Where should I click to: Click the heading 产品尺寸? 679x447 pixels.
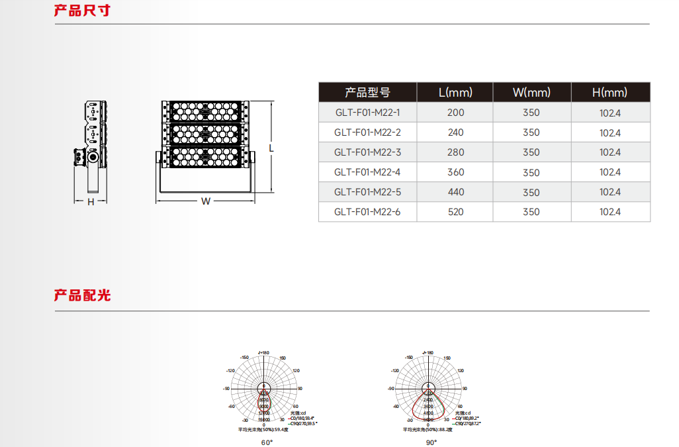82,11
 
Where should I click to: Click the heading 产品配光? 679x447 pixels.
82,295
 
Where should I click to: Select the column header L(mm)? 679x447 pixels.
455,92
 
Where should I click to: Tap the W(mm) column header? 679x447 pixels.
531,92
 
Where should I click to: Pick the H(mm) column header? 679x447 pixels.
610,92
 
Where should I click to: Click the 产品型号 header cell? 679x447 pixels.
367,92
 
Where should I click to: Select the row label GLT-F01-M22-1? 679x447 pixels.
367,113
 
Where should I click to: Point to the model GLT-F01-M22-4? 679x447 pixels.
367,172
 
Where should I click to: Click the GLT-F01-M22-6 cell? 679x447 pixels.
367,212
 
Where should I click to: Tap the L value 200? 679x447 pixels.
455,113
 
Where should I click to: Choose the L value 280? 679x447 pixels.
455,152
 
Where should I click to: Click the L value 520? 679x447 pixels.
455,212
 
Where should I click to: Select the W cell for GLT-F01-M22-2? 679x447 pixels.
531,132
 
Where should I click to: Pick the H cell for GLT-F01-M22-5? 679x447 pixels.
610,192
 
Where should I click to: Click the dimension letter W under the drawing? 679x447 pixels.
206,201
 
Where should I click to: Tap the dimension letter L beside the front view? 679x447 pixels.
271,148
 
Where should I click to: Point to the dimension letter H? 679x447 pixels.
91,201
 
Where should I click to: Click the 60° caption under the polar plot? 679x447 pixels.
267,442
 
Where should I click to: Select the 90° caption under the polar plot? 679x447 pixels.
431,442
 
